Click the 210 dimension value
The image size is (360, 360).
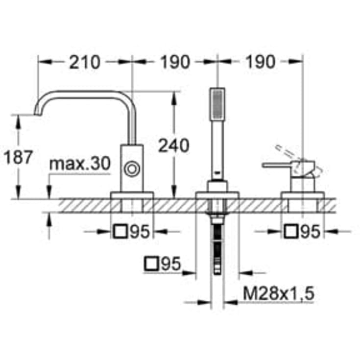[x=84, y=62]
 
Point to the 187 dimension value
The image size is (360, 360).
[x=18, y=157]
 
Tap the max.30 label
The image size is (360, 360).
[x=80, y=165]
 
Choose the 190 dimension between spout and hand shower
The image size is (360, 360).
[x=173, y=62]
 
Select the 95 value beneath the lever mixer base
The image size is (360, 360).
[x=310, y=232]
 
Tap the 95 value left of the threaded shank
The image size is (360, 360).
[x=170, y=264]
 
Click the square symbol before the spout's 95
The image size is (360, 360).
[x=120, y=232]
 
